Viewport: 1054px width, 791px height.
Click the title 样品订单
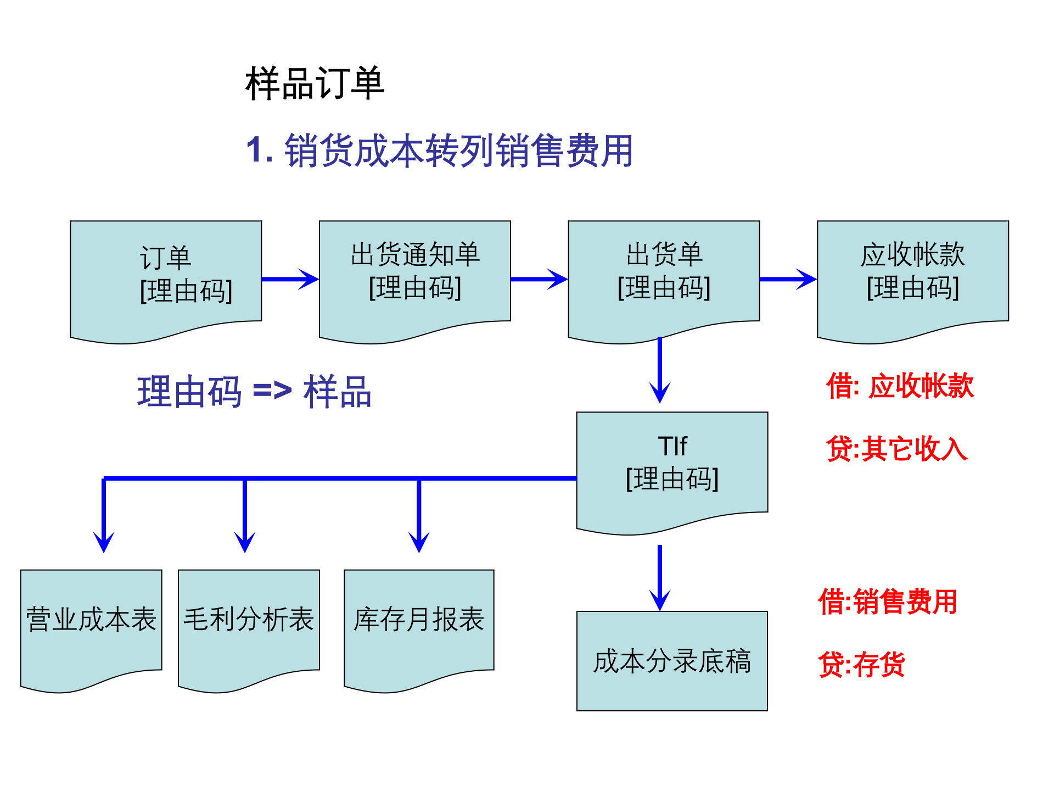click(x=315, y=83)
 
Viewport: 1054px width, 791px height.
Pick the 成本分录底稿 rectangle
click(x=672, y=661)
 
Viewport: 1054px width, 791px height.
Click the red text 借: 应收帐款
click(x=900, y=386)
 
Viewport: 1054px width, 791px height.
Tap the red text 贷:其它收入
click(x=896, y=449)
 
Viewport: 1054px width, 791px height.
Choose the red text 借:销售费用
click(x=888, y=601)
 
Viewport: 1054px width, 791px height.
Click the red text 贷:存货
click(x=861, y=665)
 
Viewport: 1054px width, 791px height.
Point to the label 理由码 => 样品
click(x=254, y=392)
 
